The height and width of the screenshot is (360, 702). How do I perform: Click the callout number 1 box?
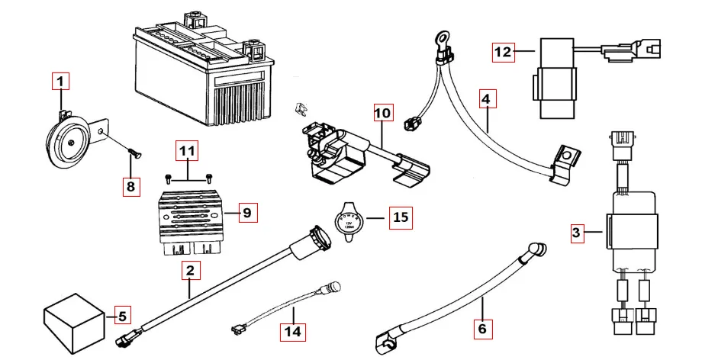click(61, 80)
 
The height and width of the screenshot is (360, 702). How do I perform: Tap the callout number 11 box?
click(187, 152)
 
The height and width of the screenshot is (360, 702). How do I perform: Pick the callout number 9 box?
click(246, 213)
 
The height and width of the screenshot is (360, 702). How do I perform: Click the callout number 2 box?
click(191, 269)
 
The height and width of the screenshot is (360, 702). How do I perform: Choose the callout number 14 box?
click(293, 332)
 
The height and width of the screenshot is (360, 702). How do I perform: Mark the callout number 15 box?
click(400, 218)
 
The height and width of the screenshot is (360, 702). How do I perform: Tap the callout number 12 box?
click(503, 53)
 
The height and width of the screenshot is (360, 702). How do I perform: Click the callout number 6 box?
click(481, 329)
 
